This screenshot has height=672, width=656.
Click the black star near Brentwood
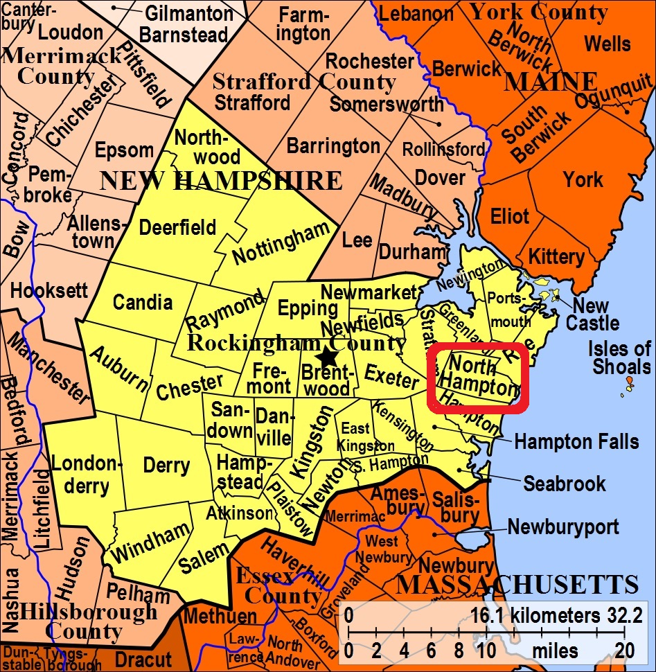coord(326,357)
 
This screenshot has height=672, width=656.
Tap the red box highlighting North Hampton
coord(478,378)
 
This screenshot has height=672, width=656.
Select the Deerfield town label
coord(177,227)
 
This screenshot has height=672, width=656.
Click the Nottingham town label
coord(281,243)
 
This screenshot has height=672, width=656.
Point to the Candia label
coord(143,302)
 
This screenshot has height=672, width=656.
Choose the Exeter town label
coord(392,376)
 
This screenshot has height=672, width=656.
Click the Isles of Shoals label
coord(620,357)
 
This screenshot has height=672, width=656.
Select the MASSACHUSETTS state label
coord(516,585)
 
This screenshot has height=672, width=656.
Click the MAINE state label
coord(551,82)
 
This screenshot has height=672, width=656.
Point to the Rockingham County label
coord(298,342)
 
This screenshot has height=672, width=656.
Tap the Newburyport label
coord(563,527)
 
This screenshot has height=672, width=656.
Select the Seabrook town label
coord(565,483)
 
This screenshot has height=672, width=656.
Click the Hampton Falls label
coord(567,441)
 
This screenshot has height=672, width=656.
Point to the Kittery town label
coord(556,257)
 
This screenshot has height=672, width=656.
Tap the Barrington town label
coord(333,146)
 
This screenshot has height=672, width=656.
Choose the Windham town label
coord(150,543)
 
